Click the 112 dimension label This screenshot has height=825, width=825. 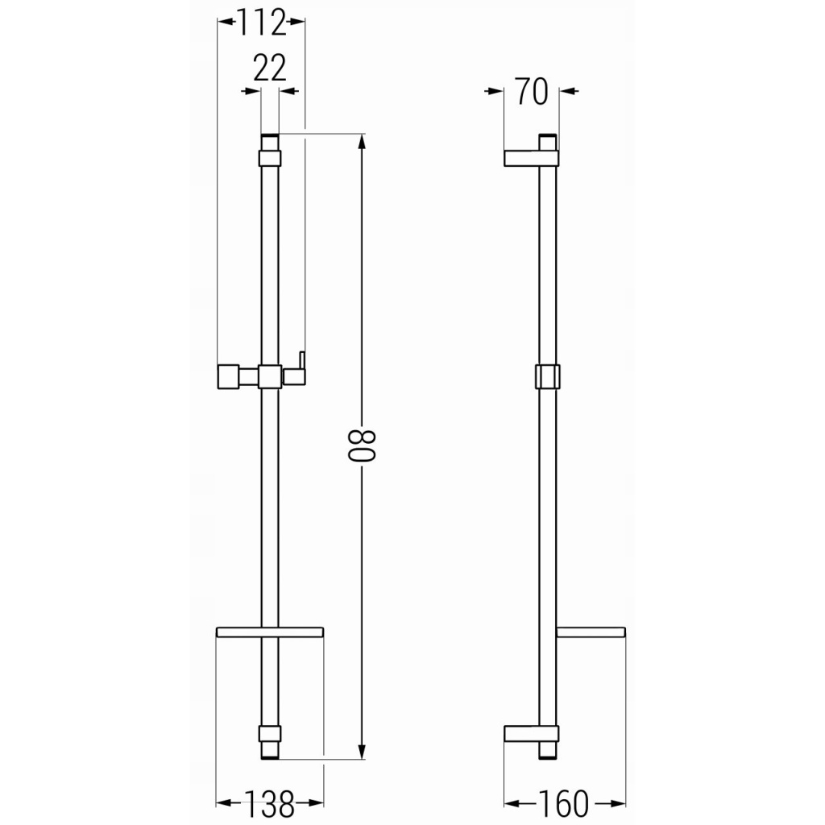point(262,23)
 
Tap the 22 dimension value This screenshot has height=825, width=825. point(269,68)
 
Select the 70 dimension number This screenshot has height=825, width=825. point(532,92)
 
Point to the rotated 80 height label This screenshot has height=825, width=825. point(362,446)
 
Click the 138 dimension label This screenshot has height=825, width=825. point(270,803)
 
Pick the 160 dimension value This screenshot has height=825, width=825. point(563,803)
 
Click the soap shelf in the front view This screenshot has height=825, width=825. point(270,632)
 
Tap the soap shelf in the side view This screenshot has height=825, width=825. point(591,632)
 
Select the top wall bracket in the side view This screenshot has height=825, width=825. point(531,159)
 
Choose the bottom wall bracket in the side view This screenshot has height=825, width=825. point(531,733)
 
